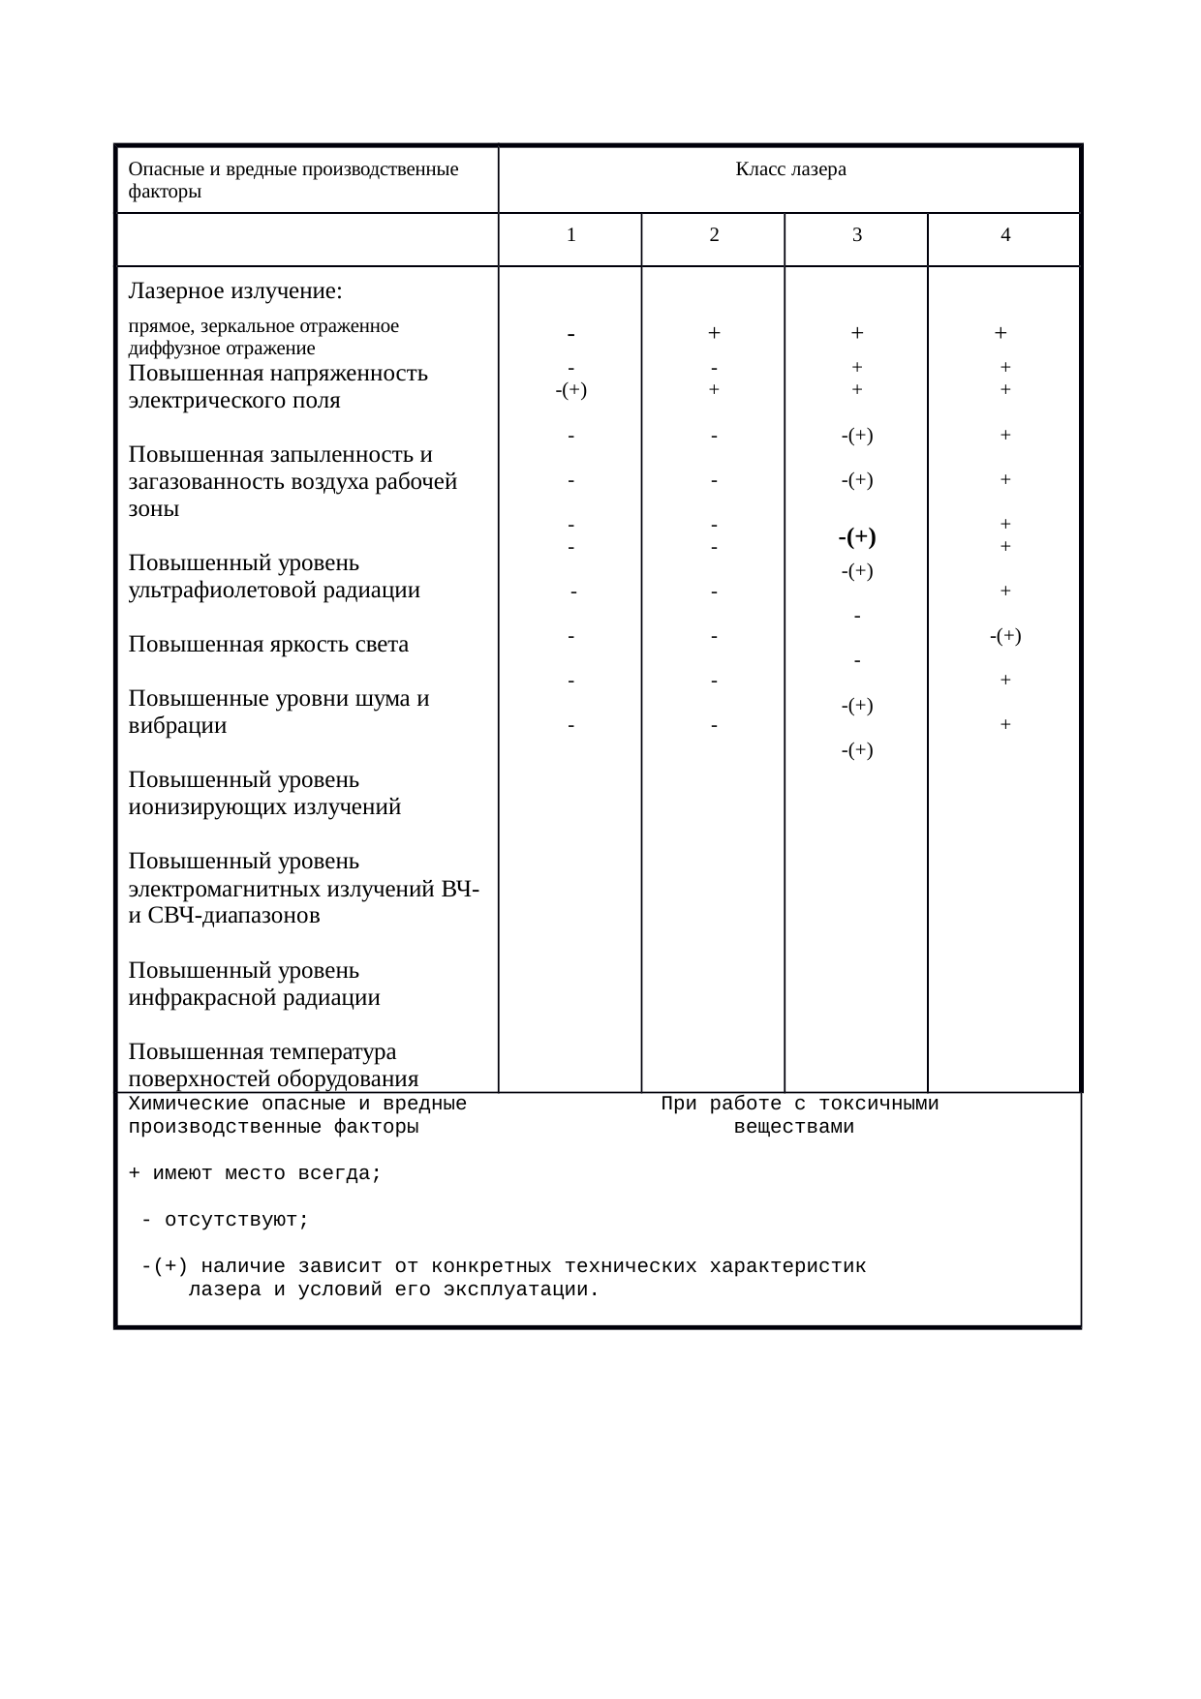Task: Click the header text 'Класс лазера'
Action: (790, 169)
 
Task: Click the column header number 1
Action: (571, 234)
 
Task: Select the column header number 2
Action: (714, 234)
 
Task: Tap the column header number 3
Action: (857, 234)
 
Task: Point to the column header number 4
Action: (1005, 234)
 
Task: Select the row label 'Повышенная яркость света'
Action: (267, 645)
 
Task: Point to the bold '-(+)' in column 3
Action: (857, 537)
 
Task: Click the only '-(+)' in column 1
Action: (571, 390)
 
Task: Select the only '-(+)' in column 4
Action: (1005, 636)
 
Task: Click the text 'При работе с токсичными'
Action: (799, 1105)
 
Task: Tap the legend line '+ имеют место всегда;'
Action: (255, 1174)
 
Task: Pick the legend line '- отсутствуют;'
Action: (225, 1220)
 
